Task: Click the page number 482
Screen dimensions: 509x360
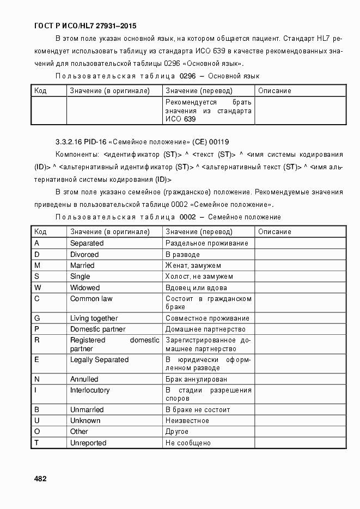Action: (x=40, y=479)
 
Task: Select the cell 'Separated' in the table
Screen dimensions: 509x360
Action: (x=87, y=243)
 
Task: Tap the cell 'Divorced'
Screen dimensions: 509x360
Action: (x=84, y=254)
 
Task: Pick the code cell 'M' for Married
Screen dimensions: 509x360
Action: (x=37, y=266)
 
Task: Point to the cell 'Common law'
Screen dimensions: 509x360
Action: (x=91, y=298)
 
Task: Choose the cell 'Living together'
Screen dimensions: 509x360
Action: (x=94, y=318)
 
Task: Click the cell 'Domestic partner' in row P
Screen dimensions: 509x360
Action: (x=97, y=329)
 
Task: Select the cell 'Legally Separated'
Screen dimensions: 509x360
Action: (x=99, y=359)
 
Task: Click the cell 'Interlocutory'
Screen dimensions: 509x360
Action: (x=90, y=390)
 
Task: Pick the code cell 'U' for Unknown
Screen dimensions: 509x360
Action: (x=37, y=421)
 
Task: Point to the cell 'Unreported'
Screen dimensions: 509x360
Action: (x=88, y=443)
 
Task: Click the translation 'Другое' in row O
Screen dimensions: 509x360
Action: (x=177, y=432)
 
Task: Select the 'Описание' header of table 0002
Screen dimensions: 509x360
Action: (x=274, y=232)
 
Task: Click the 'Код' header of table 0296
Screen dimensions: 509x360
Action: (x=40, y=91)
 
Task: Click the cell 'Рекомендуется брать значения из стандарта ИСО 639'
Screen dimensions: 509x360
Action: (x=208, y=111)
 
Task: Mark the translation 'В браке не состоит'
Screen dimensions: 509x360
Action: (x=198, y=409)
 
